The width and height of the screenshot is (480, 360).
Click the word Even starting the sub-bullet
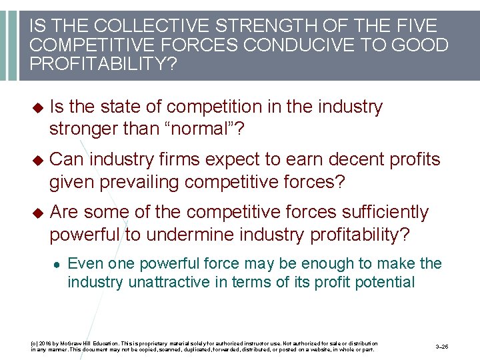(x=83, y=263)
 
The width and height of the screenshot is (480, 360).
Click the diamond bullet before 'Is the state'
(x=37, y=107)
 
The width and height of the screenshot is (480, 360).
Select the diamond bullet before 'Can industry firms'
(x=37, y=160)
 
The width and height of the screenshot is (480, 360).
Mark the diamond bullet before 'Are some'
(x=37, y=213)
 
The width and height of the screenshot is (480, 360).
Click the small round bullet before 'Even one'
(x=59, y=264)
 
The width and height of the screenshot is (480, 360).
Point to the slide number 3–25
(x=442, y=347)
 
